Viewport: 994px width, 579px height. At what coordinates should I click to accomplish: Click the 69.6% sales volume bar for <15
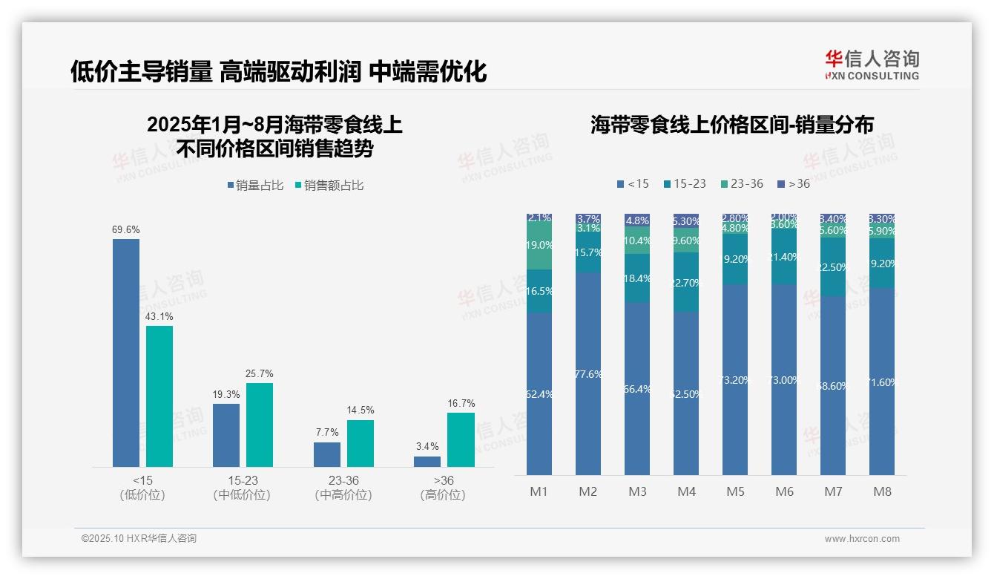point(126,353)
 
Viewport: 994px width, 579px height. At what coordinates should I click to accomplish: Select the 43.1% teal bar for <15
point(159,396)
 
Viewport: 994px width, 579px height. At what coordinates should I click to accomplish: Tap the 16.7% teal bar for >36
point(460,439)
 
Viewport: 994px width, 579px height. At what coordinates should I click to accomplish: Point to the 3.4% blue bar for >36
point(427,461)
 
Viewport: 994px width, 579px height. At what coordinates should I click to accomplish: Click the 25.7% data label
point(260,373)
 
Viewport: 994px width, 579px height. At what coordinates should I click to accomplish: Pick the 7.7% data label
point(326,432)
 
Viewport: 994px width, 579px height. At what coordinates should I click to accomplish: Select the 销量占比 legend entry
point(254,186)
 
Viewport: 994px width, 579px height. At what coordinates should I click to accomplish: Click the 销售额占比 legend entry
point(329,186)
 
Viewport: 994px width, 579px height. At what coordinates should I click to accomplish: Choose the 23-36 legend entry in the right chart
point(741,183)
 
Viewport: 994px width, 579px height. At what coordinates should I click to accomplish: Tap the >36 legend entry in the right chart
point(793,183)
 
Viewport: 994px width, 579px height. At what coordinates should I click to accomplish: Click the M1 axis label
point(539,491)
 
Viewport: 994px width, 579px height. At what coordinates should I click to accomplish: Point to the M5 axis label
point(735,491)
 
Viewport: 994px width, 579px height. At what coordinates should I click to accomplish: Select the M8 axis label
point(882,491)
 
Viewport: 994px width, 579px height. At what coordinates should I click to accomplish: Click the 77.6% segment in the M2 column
point(588,374)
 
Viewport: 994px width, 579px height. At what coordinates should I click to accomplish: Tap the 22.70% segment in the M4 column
point(686,282)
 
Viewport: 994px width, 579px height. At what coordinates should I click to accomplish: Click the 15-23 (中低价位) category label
point(242,488)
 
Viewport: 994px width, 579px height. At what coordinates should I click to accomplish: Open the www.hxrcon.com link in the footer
point(862,539)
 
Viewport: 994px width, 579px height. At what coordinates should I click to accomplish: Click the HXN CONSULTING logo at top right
point(872,65)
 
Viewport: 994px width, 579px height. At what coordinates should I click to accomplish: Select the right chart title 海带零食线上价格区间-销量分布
point(731,125)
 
